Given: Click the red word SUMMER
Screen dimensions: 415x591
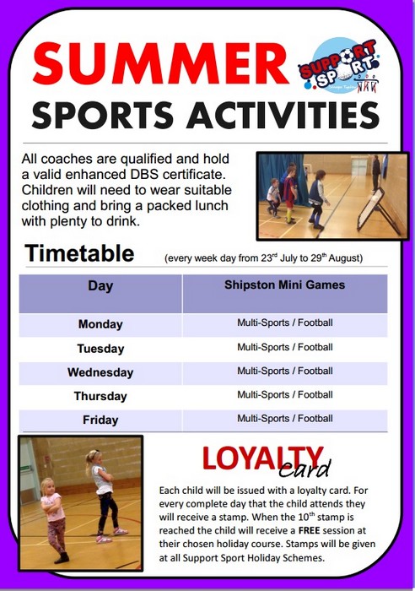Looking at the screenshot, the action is pyautogui.click(x=161, y=64).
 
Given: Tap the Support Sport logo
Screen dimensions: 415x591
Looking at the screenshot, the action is pyautogui.click(x=339, y=65).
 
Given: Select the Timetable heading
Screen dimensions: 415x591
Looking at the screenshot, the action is pyautogui.click(x=79, y=253).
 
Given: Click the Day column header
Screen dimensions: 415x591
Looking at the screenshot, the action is pyautogui.click(x=100, y=285).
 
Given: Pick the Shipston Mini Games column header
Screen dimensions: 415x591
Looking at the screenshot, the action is pyautogui.click(x=285, y=285).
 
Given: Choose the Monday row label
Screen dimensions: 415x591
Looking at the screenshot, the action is pyautogui.click(x=100, y=324).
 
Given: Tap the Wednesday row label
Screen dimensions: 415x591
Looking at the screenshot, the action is pyautogui.click(x=100, y=372).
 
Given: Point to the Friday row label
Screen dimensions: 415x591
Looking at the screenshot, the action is pyautogui.click(x=100, y=420).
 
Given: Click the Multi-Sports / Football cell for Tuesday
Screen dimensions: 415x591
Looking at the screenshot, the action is pyautogui.click(x=285, y=347).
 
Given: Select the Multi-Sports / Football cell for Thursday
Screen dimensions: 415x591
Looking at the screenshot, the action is pyautogui.click(x=285, y=394).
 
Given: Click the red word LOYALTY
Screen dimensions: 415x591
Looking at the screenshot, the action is pyautogui.click(x=263, y=458).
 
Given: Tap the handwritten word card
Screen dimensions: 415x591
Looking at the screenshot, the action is pyautogui.click(x=305, y=469).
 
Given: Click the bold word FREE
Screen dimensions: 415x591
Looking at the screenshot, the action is pyautogui.click(x=310, y=530).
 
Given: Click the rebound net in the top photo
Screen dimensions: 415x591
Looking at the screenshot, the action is pyautogui.click(x=378, y=211).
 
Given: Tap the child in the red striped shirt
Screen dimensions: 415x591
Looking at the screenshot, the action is pyautogui.click(x=289, y=193).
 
